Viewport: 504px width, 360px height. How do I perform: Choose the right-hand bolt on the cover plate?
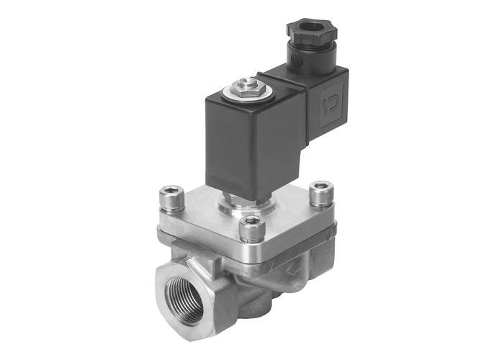(318, 192)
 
